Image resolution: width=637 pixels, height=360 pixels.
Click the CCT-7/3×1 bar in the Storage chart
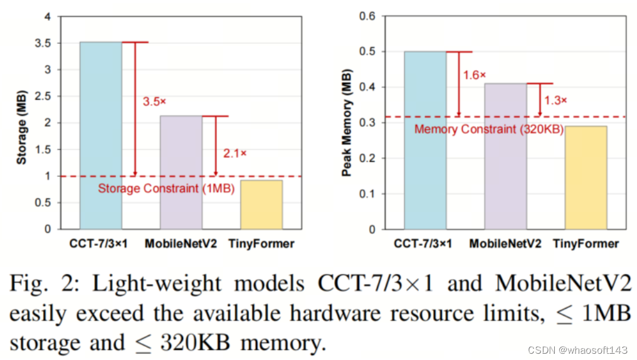pyautogui.click(x=100, y=135)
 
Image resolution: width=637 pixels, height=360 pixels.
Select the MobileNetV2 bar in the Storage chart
pyautogui.click(x=181, y=172)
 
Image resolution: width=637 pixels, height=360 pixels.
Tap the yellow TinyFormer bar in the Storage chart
pyautogui.click(x=261, y=204)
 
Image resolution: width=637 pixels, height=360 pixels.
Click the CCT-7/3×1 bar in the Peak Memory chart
pyautogui.click(x=425, y=140)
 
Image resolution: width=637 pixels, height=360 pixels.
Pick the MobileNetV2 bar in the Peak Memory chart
pyautogui.click(x=505, y=156)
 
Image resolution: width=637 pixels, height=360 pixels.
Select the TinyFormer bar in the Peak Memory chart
pyautogui.click(x=586, y=177)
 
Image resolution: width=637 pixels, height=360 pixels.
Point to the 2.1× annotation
pyautogui.click(x=235, y=152)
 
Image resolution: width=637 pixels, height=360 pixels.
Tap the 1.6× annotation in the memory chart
pyautogui.click(x=475, y=75)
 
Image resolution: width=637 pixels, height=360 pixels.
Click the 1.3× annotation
pyautogui.click(x=555, y=100)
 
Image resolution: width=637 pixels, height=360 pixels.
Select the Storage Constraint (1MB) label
pyautogui.click(x=166, y=188)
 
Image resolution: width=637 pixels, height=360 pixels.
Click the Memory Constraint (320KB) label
pyautogui.click(x=488, y=129)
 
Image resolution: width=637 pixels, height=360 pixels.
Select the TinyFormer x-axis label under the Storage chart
pyautogui.click(x=261, y=244)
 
